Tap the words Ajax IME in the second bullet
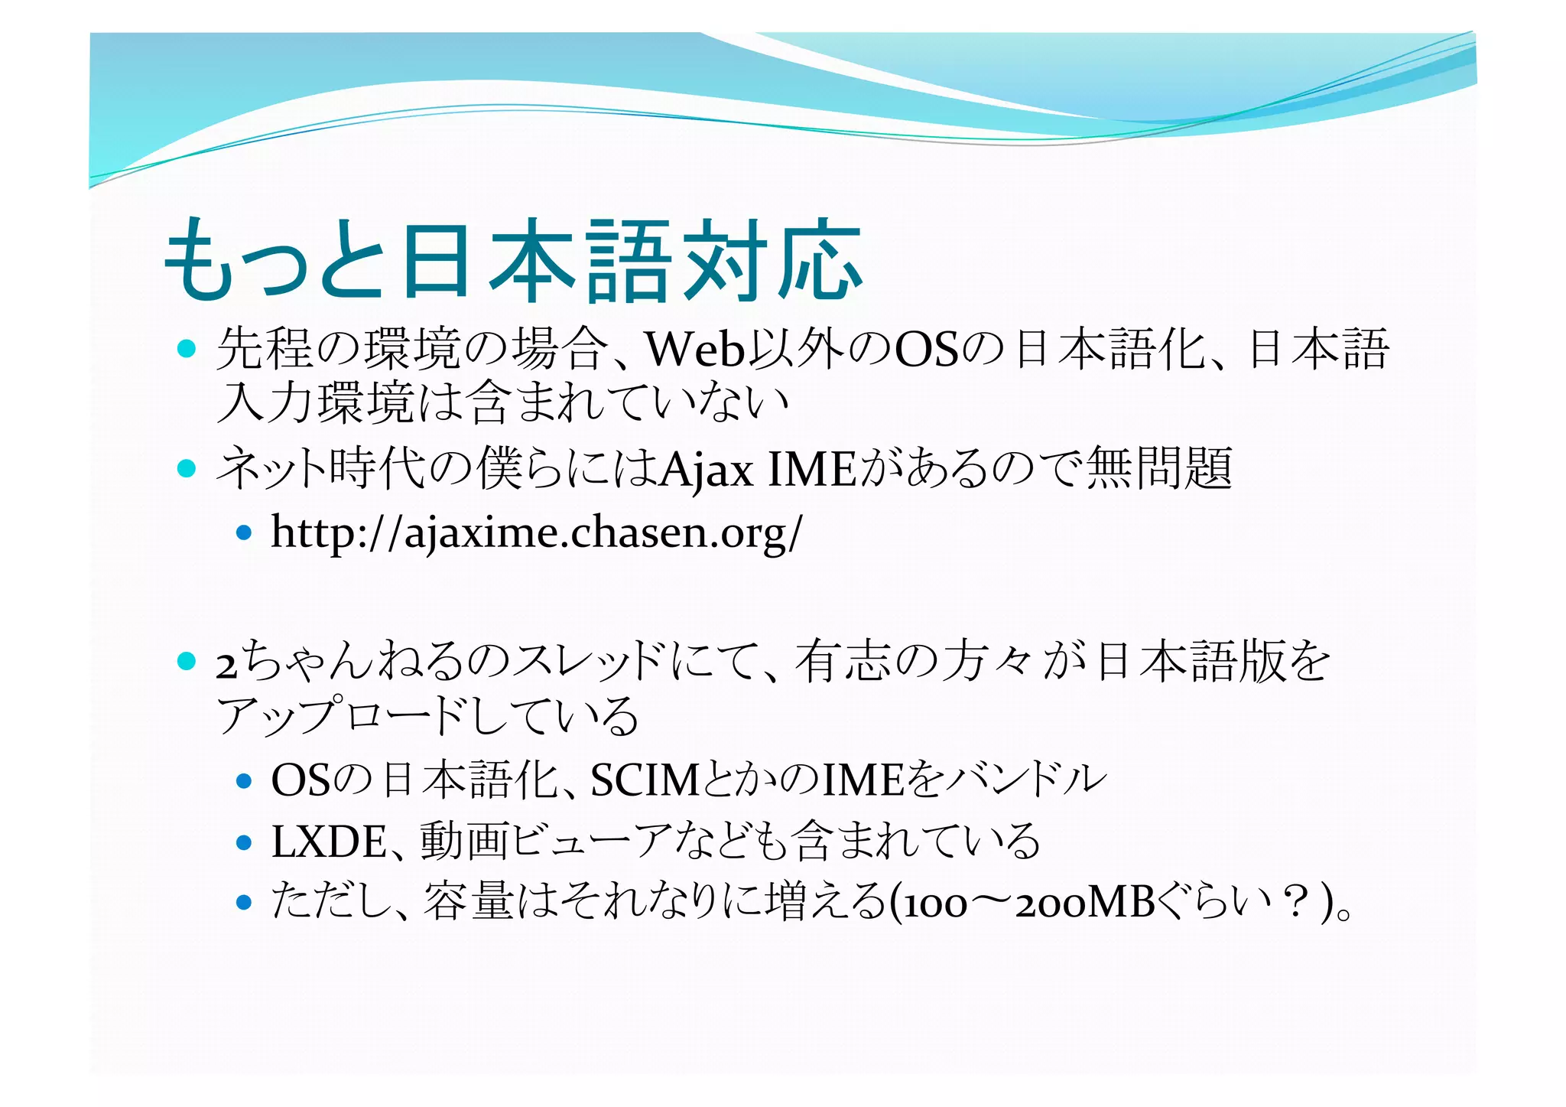pos(757,469)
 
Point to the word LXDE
pos(328,842)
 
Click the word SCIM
pos(645,780)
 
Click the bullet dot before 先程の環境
pos(187,349)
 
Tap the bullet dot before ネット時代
pos(187,468)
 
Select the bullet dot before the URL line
pos(244,532)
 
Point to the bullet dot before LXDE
pos(244,842)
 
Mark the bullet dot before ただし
pos(244,903)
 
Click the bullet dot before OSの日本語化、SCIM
pos(244,781)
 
